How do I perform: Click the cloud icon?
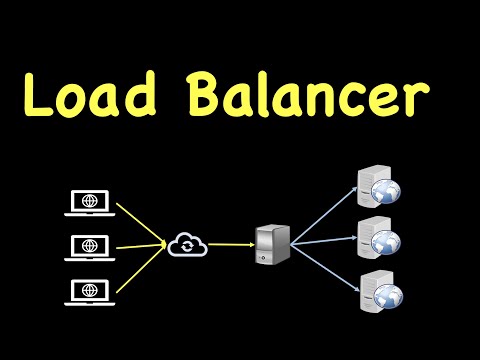[187, 243]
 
